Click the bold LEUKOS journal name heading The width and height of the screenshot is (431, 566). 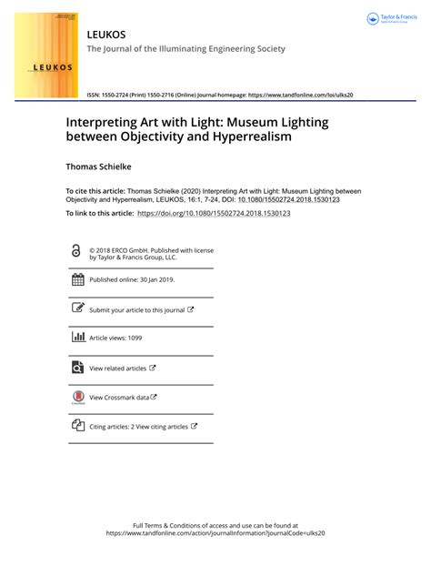click(105, 34)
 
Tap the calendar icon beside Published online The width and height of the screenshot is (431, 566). click(77, 279)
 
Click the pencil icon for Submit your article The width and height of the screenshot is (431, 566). click(77, 308)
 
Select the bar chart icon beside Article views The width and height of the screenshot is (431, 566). click(77, 338)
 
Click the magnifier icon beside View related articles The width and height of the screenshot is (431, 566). click(77, 368)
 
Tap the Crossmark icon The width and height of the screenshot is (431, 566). click(77, 396)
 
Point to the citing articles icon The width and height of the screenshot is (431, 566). click(77, 425)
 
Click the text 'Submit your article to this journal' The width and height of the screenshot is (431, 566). click(136, 309)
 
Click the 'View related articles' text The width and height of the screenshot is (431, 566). click(118, 368)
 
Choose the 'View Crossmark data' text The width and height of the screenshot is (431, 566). click(119, 397)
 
